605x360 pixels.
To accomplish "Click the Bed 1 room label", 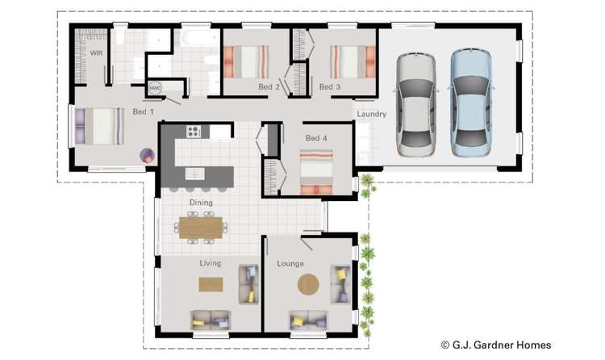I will click(x=144, y=111).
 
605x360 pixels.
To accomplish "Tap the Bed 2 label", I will click(x=269, y=86).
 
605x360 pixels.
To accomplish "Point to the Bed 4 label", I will click(x=315, y=138).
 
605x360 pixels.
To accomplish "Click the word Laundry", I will click(x=371, y=114).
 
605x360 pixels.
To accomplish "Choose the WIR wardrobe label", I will click(x=96, y=53).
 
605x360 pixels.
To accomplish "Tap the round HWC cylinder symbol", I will click(x=153, y=87).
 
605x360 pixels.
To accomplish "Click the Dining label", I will click(x=201, y=202).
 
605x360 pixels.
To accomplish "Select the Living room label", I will click(x=210, y=263).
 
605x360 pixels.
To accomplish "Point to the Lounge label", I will click(x=290, y=263).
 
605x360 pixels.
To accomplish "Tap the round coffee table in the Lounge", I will click(x=308, y=285).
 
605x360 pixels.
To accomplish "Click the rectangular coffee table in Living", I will click(x=211, y=285).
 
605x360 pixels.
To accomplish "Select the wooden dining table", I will click(x=199, y=228).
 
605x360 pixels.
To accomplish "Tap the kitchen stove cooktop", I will click(x=194, y=131).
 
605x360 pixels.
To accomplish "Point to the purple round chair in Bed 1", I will click(x=147, y=155).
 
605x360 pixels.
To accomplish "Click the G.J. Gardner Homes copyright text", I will click(x=495, y=345).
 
